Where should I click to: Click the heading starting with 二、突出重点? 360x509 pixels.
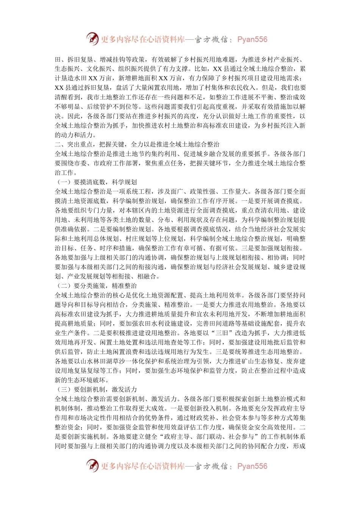[137, 144]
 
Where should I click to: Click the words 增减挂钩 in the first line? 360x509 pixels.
[112, 59]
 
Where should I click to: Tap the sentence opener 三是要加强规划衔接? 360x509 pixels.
[273, 248]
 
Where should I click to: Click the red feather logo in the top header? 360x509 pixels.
[92, 39]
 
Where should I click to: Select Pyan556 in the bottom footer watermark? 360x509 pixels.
[252, 466]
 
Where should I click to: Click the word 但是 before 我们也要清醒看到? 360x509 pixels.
[266, 88]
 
